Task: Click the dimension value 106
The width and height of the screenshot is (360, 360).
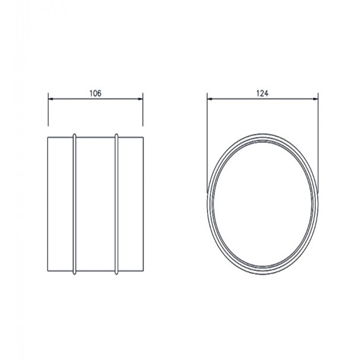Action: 95,93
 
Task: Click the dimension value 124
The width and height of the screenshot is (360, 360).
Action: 262,93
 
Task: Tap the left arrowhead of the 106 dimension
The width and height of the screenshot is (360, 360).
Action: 51,99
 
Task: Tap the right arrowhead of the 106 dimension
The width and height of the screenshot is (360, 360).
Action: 140,99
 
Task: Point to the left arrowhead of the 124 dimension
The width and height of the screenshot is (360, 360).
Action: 210,99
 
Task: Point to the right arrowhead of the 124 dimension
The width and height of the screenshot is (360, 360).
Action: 315,99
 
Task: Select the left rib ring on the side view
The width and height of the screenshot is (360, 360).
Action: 74,204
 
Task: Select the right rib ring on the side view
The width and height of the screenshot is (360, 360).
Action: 117,204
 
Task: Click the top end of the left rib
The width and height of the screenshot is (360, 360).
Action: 74,134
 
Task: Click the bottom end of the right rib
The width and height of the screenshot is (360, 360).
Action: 117,274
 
